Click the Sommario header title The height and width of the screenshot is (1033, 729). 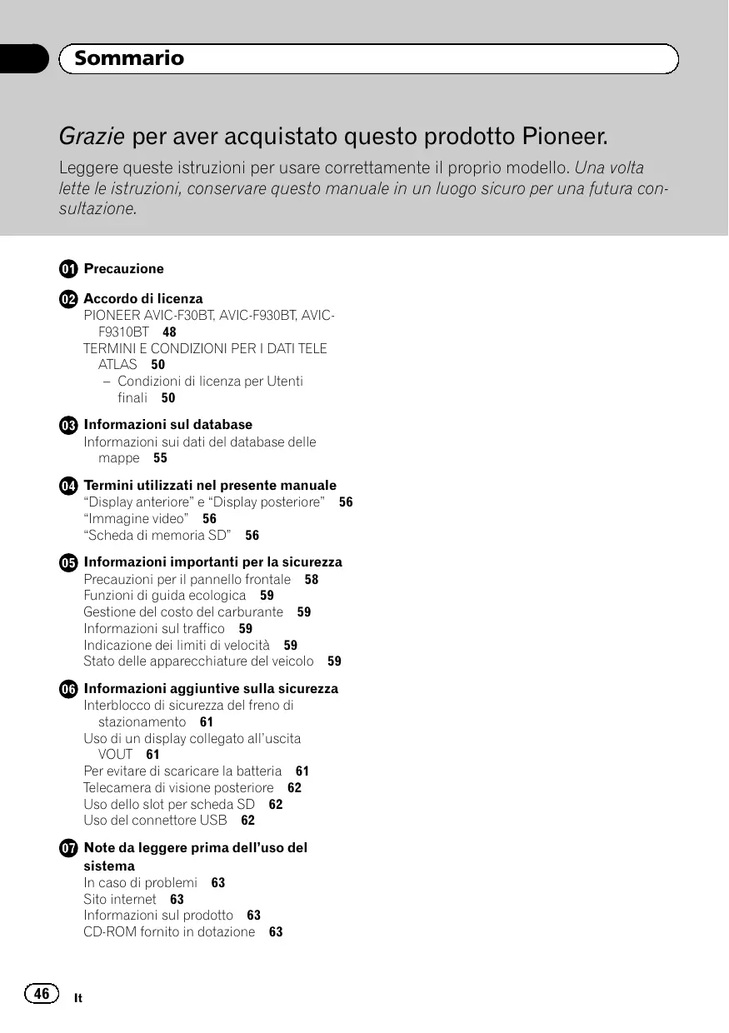(129, 58)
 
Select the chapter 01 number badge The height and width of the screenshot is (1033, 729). (68, 269)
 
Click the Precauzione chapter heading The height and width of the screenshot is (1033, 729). (124, 269)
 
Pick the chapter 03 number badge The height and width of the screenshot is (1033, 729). (68, 425)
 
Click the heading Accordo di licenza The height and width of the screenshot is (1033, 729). (143, 298)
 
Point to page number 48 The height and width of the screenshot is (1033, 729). (169, 332)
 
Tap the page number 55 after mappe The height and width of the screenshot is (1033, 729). (160, 458)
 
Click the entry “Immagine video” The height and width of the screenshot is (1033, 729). (136, 518)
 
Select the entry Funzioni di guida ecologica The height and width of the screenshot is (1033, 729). (165, 596)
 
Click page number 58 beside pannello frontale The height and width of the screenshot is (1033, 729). (312, 579)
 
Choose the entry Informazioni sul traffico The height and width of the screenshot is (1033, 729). (154, 629)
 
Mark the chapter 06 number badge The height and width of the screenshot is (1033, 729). (68, 689)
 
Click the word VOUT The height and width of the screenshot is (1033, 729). (115, 755)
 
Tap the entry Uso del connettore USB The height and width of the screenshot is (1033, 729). (155, 821)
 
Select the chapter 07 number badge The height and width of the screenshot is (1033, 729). (68, 848)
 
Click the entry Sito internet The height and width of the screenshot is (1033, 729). (120, 899)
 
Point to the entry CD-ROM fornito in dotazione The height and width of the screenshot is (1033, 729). (169, 932)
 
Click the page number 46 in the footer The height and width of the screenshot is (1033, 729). (41, 993)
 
